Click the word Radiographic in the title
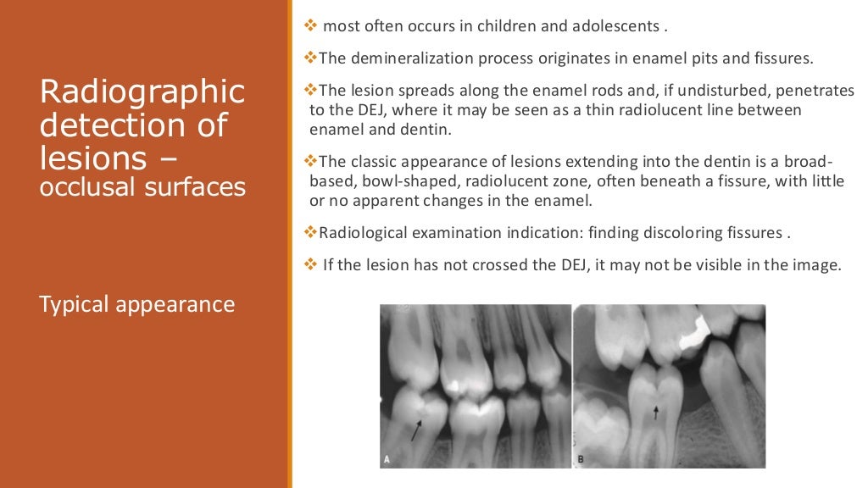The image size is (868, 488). point(142,91)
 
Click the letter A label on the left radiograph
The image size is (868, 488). point(387,459)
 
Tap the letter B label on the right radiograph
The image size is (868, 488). point(582,459)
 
